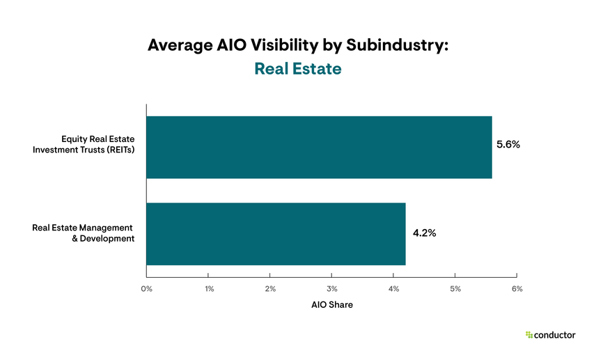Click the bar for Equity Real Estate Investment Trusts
coord(319,147)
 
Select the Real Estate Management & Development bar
coord(276,234)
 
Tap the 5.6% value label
coord(508,145)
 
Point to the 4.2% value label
coord(424,233)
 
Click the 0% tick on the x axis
coord(147,288)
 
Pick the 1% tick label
coord(208,288)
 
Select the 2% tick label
coord(270,288)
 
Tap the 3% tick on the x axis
coord(331,288)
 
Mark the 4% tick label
coord(393,288)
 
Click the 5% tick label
coord(455,288)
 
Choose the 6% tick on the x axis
coord(517,288)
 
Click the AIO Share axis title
coord(331,305)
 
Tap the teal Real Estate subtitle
coord(297,69)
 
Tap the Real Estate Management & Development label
coord(83,233)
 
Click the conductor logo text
coord(555,335)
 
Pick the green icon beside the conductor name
coord(529,335)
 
